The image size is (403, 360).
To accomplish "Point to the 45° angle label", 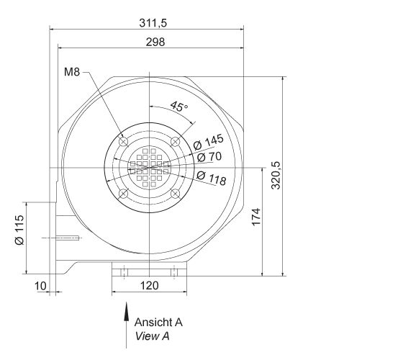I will coord(179,107).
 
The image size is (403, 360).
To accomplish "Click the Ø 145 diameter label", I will coord(209,141).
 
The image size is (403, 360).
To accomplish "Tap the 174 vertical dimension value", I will coord(256,217).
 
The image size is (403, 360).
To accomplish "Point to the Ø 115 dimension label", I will coord(19,231).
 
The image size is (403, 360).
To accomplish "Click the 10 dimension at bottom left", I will coord(41,286).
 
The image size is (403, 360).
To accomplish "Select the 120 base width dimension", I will coord(148,286).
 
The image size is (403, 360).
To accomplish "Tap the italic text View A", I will coord(152,336).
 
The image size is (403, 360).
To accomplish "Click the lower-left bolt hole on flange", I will coord(123,193).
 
